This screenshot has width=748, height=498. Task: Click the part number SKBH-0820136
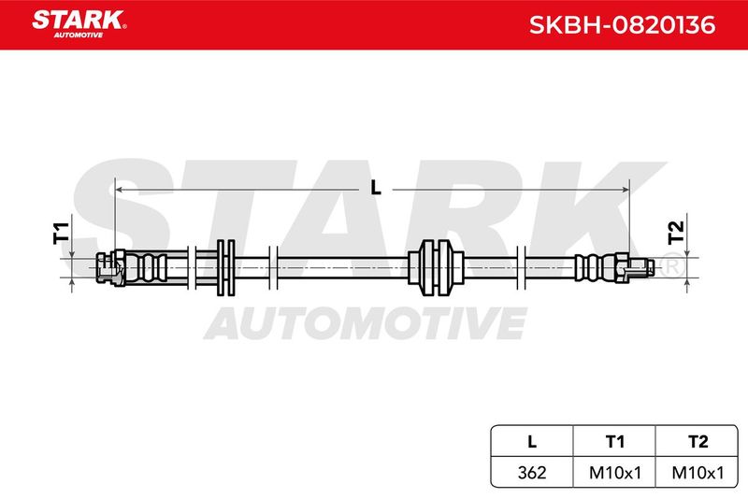(622, 25)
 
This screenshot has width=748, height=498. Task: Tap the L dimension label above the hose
(376, 188)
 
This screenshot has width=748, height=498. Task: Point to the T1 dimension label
(61, 233)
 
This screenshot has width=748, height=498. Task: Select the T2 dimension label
(676, 233)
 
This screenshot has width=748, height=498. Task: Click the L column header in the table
(532, 441)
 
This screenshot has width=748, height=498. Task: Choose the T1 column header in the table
(615, 441)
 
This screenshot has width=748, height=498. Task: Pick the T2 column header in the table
(698, 441)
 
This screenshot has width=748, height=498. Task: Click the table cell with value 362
(532, 472)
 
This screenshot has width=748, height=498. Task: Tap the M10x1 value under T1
(615, 472)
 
